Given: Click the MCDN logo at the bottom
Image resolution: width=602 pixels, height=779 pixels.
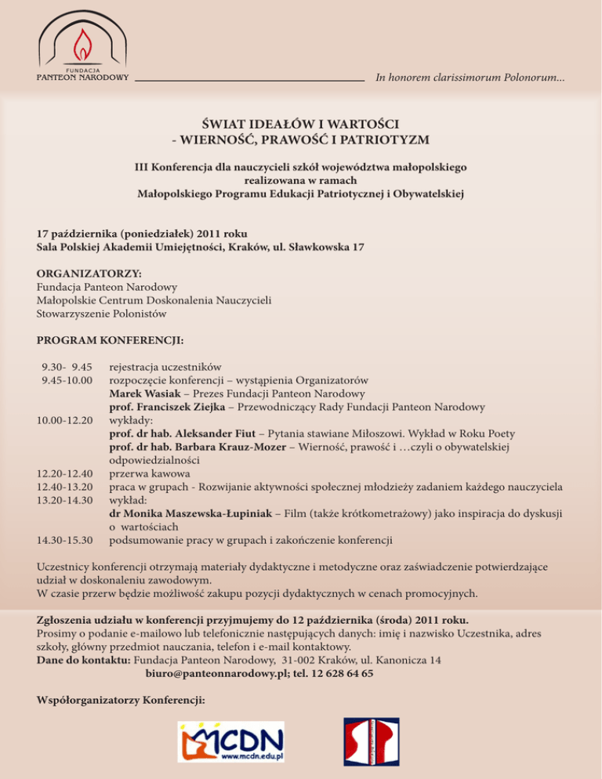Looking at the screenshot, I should point(231,741).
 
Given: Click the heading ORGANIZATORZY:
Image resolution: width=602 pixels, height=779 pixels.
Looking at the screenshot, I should point(89,274).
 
